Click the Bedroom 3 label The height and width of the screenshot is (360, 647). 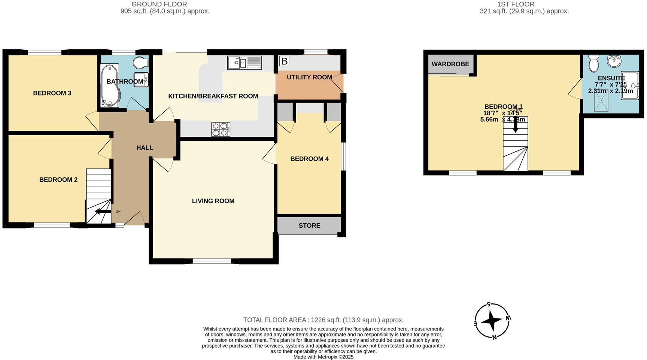pyautogui.click(x=52, y=93)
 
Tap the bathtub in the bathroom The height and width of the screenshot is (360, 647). pyautogui.click(x=110, y=85)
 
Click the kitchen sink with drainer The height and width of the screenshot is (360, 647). pyautogui.click(x=244, y=63)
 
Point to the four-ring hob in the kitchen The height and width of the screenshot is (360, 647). pyautogui.click(x=221, y=130)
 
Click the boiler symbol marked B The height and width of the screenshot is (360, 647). pyautogui.click(x=284, y=61)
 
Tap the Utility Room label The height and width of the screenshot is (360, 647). pyautogui.click(x=309, y=77)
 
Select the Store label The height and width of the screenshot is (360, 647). pyautogui.click(x=309, y=226)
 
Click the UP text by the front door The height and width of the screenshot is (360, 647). pyautogui.click(x=118, y=211)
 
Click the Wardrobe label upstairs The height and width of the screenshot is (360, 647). pyautogui.click(x=450, y=64)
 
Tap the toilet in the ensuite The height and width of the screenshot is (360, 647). pyautogui.click(x=593, y=64)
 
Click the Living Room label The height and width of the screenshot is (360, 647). pyautogui.click(x=213, y=201)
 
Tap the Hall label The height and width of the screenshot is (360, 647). pyautogui.click(x=145, y=148)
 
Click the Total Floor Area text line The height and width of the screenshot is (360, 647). pyautogui.click(x=323, y=320)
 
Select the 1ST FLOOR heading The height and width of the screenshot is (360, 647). pyautogui.click(x=516, y=4)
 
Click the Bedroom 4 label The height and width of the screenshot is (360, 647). pyautogui.click(x=309, y=159)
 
